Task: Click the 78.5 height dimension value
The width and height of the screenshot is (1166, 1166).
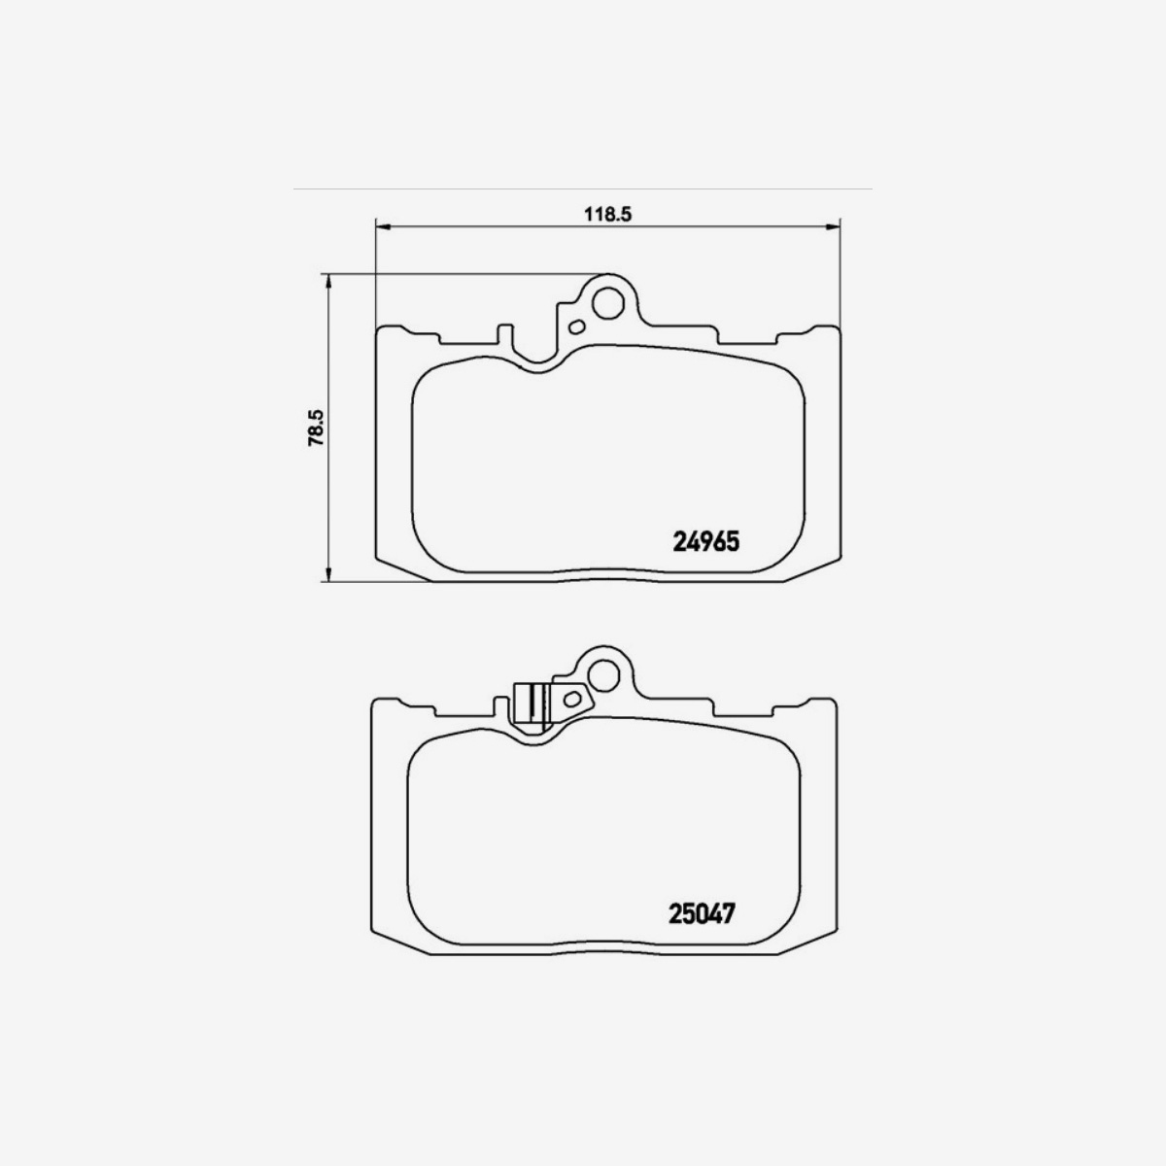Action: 314,428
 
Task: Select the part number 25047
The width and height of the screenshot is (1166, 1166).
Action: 701,914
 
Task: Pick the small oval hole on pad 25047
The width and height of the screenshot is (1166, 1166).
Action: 570,697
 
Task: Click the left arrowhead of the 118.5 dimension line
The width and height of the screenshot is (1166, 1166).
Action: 382,227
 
